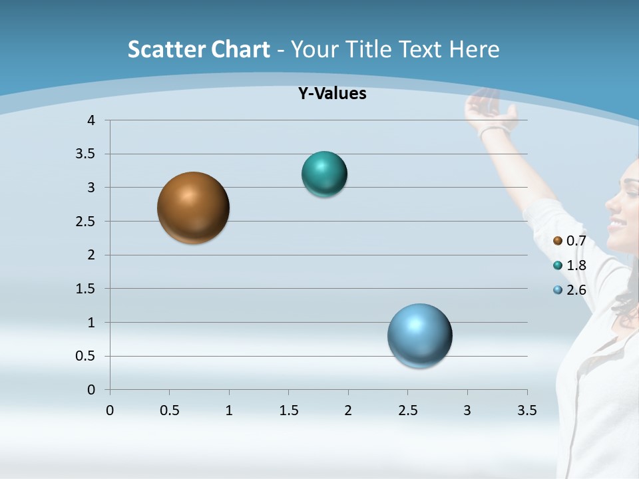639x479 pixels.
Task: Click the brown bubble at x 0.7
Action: pyautogui.click(x=193, y=208)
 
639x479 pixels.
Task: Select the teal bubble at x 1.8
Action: pyautogui.click(x=324, y=174)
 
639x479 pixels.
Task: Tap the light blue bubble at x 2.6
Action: pyautogui.click(x=419, y=335)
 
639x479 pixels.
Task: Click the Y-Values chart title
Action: pyautogui.click(x=332, y=94)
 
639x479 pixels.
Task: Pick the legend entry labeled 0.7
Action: pyautogui.click(x=570, y=241)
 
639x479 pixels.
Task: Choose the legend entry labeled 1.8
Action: pyautogui.click(x=570, y=265)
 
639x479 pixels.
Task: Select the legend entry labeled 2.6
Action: pyautogui.click(x=570, y=290)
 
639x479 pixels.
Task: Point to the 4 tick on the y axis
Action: pyautogui.click(x=91, y=120)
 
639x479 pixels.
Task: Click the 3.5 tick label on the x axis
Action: pyautogui.click(x=527, y=410)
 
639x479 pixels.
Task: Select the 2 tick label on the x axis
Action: pyautogui.click(x=348, y=410)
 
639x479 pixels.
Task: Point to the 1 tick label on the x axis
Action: pyautogui.click(x=229, y=410)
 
